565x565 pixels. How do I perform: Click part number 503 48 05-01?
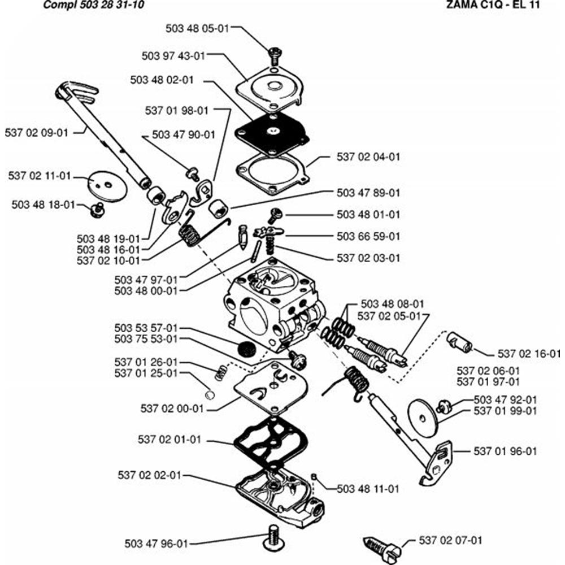pos(198,28)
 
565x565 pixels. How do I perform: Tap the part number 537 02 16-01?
pos(529,354)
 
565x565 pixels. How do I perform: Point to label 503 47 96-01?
pos(156,544)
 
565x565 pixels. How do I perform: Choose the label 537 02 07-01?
pos(451,540)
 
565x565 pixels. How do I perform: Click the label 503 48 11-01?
pos(368,488)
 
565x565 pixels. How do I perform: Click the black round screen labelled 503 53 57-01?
pos(246,349)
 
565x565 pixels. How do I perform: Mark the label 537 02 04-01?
pos(368,157)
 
